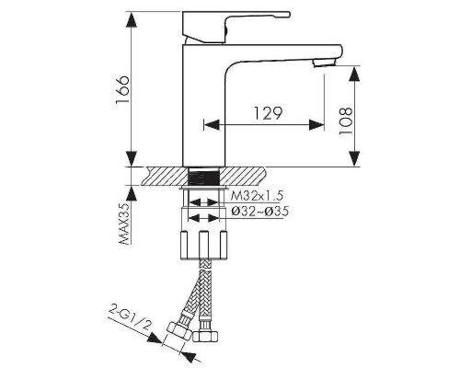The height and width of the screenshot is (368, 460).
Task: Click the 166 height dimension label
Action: tap(122, 89)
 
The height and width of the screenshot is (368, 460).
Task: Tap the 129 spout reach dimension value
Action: tap(268, 113)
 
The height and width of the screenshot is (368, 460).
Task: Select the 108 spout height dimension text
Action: tap(346, 121)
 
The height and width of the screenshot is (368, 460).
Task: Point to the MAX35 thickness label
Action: tap(124, 224)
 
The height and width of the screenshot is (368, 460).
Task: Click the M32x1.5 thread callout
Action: tap(257, 195)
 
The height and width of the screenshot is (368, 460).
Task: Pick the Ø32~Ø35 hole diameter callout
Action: tap(259, 212)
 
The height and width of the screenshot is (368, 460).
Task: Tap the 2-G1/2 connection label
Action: tap(131, 319)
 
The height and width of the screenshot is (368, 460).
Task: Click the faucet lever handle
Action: tap(236, 27)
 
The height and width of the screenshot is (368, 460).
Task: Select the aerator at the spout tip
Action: tap(325, 63)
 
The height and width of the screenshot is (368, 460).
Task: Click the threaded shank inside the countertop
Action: tap(204, 176)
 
